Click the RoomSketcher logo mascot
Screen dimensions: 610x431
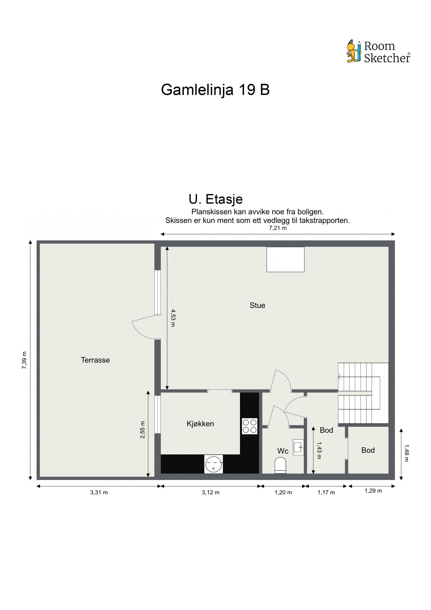coord(353,51)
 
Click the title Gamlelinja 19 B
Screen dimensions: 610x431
coord(215,89)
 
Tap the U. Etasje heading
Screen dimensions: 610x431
coord(215,199)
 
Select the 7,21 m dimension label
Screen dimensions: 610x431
coord(278,228)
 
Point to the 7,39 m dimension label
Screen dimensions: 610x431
coord(24,360)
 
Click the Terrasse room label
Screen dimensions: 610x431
coord(95,360)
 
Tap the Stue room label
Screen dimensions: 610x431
coord(257,305)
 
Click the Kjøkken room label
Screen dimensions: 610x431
coord(200,424)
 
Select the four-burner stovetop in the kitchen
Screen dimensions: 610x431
coord(250,426)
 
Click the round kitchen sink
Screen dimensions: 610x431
coord(214,464)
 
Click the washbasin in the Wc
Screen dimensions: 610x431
coord(298,447)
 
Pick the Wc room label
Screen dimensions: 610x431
coord(283,451)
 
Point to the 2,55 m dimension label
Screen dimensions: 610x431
coord(142,430)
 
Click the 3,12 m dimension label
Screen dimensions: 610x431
coord(211,492)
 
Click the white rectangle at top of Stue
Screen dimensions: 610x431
coord(285,259)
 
